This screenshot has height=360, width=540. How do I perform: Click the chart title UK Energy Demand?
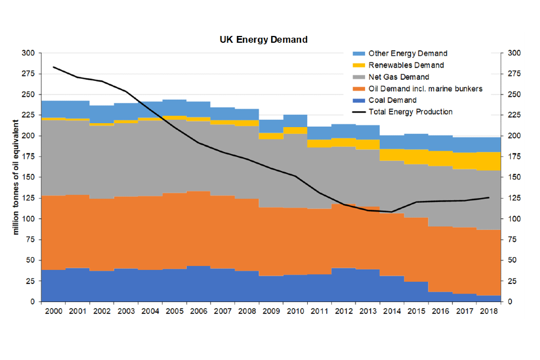[263, 40]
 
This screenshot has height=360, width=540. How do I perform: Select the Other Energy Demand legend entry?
[407, 53]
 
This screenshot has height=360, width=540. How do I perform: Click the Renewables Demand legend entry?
[406, 65]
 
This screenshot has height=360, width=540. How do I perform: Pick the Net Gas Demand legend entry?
[399, 77]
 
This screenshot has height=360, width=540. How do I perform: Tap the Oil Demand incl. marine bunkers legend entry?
[425, 88]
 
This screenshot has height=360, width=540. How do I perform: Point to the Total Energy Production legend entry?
[410, 112]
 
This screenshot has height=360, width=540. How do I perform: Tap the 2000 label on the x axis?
[53, 311]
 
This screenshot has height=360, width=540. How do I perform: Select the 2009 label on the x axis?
[271, 311]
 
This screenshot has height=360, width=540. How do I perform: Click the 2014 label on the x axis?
[391, 311]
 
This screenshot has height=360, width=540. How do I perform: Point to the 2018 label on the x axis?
[488, 311]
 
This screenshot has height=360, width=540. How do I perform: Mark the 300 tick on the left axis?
[28, 53]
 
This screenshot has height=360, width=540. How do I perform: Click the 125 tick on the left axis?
[28, 198]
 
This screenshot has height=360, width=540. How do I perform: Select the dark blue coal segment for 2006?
[198, 284]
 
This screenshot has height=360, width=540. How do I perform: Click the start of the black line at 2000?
[53, 67]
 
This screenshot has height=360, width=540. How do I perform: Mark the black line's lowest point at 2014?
[391, 212]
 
